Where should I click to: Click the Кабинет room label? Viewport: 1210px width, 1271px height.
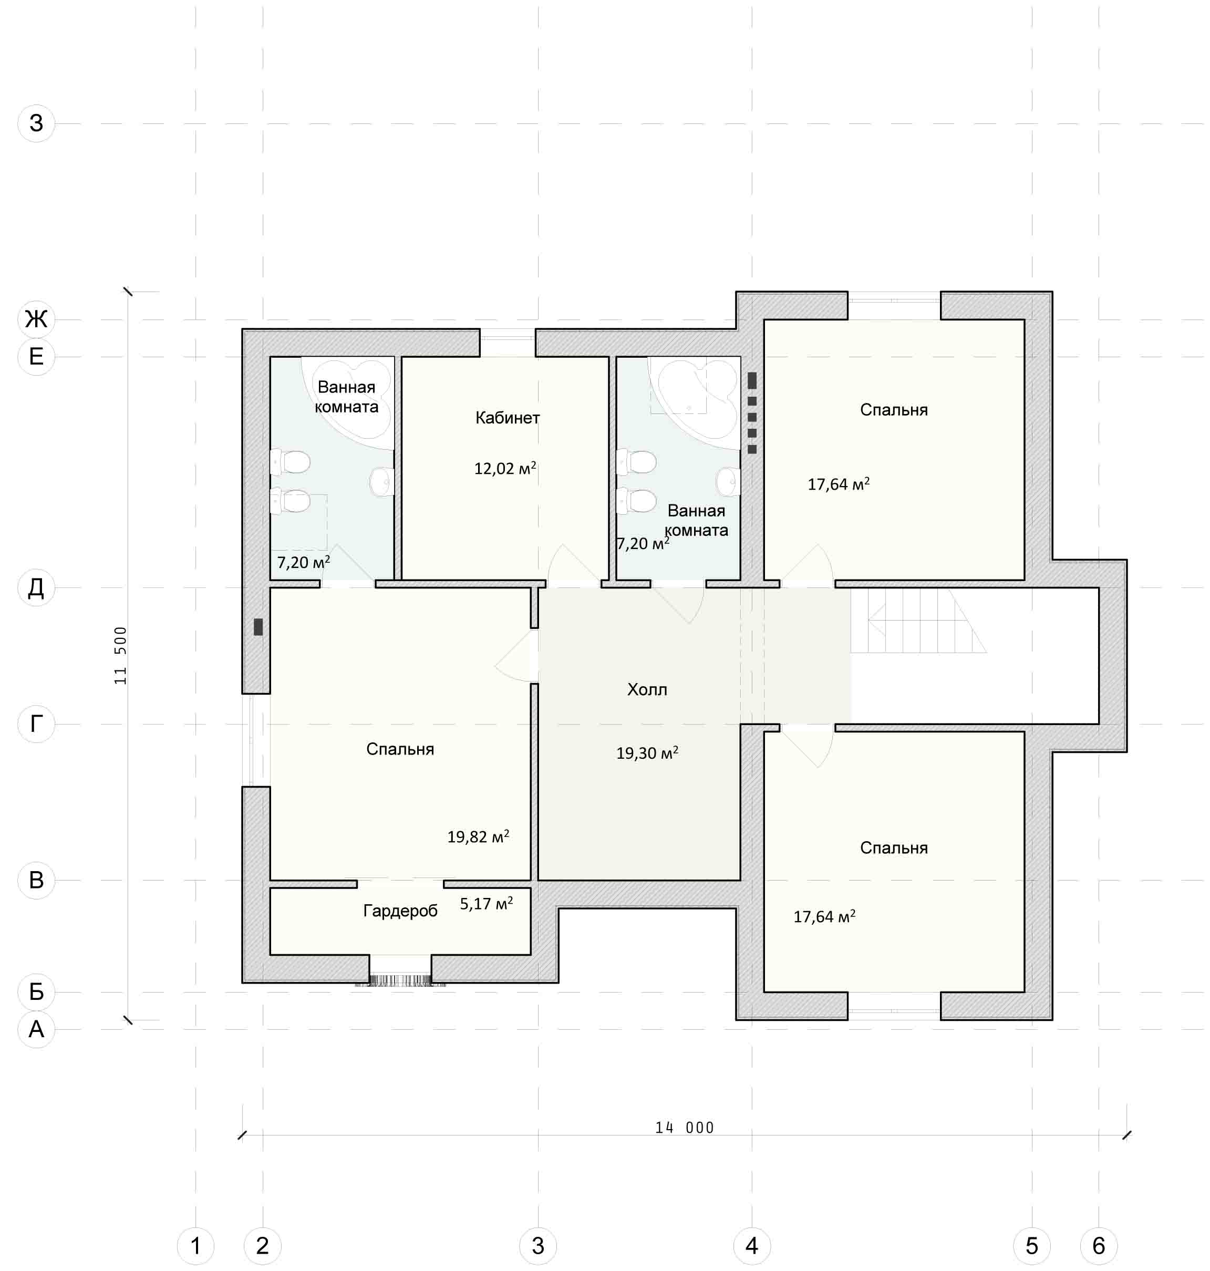click(x=507, y=418)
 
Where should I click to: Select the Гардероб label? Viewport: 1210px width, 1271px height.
click(x=400, y=911)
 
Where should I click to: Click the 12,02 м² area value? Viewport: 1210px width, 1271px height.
click(x=505, y=468)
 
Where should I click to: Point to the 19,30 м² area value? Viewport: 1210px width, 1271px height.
click(x=647, y=752)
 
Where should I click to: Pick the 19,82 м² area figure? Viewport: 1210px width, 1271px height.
click(x=478, y=836)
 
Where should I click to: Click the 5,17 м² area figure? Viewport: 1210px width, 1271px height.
click(x=487, y=903)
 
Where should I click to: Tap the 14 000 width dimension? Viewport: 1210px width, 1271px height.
click(x=684, y=1128)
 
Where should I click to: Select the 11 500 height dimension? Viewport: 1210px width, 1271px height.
click(x=121, y=655)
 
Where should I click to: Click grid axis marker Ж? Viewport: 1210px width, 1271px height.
click(x=36, y=318)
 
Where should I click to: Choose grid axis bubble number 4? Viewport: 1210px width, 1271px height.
click(x=751, y=1246)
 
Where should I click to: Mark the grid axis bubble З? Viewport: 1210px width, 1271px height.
click(x=36, y=123)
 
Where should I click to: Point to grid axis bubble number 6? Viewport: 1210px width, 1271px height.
click(x=1099, y=1246)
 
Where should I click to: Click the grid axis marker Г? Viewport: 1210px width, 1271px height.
click(x=36, y=724)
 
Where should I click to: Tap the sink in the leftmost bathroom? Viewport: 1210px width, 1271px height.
click(x=382, y=481)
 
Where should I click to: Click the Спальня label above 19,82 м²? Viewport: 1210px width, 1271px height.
click(x=400, y=749)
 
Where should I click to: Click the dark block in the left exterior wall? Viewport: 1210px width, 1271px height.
click(x=258, y=627)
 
